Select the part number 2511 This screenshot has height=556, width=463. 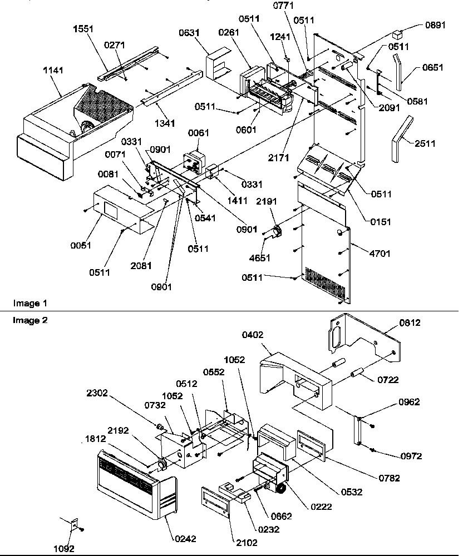point(425,144)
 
